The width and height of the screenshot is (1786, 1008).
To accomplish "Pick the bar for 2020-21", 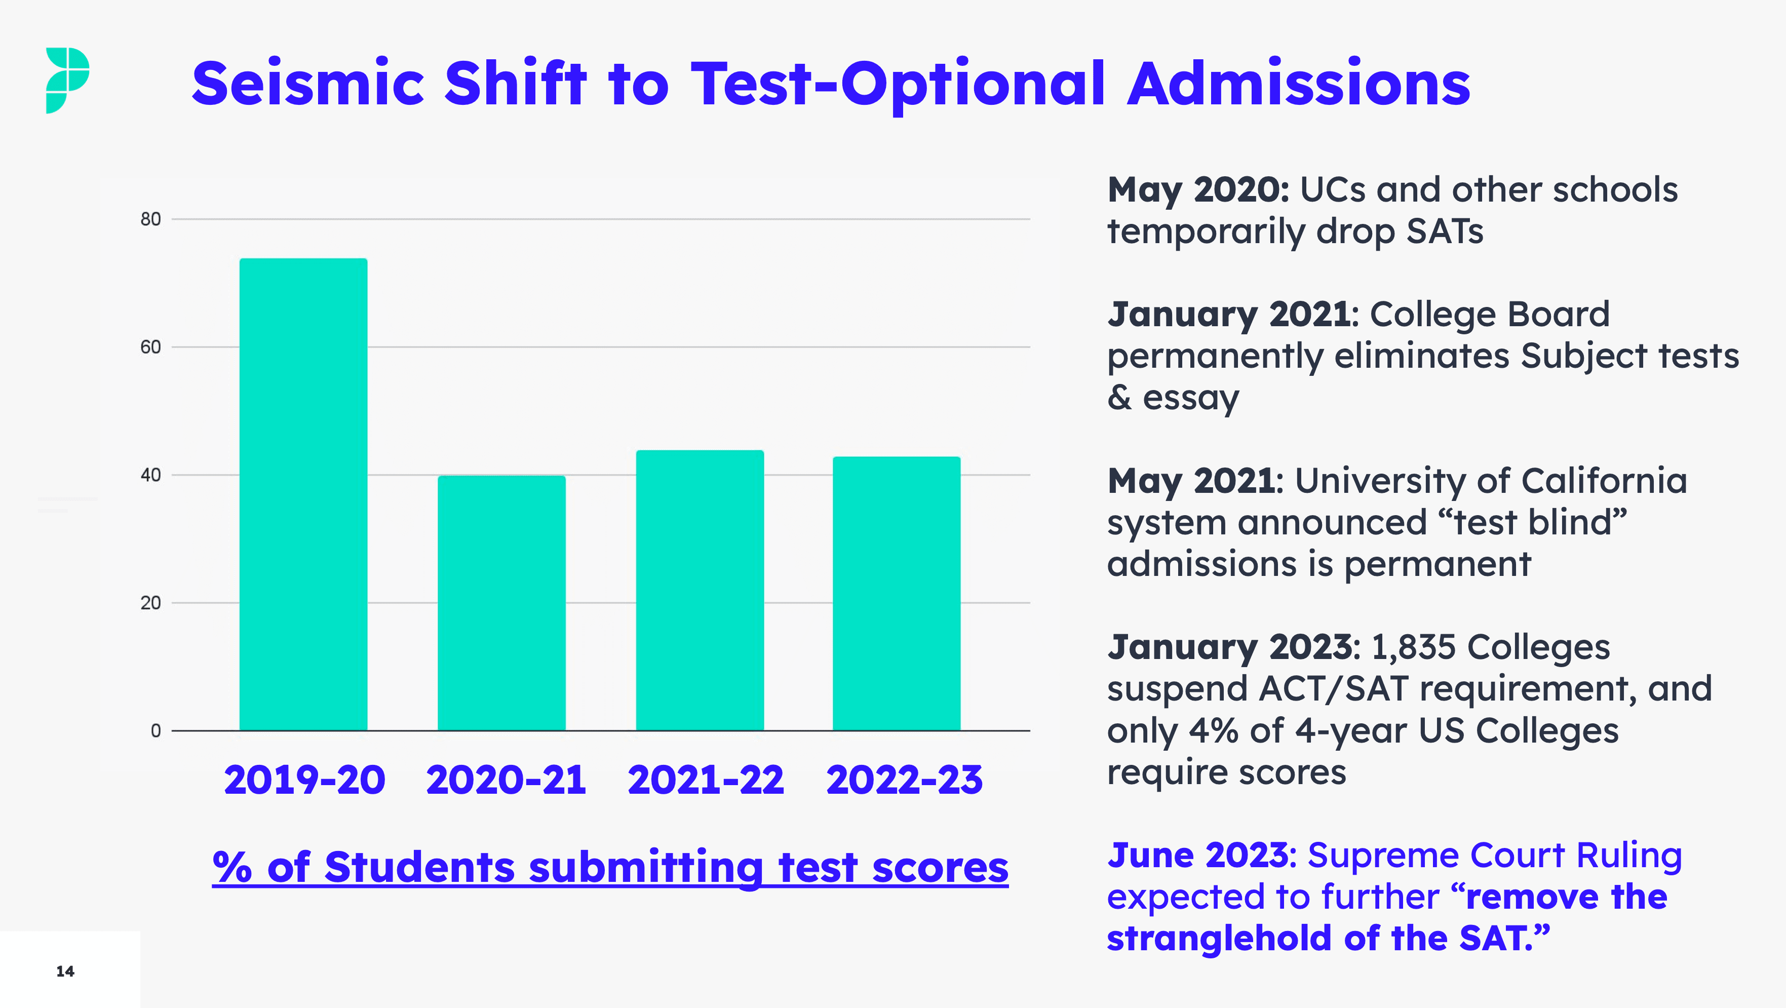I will (x=501, y=603).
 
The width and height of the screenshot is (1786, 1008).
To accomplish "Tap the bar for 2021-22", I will (x=700, y=590).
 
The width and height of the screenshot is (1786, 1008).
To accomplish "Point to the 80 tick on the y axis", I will (x=150, y=219).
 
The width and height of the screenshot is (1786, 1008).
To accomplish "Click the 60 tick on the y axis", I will (x=150, y=347).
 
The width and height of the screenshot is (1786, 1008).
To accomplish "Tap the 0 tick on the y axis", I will (x=156, y=731).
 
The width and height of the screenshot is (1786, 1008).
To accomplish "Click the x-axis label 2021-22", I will (x=705, y=780).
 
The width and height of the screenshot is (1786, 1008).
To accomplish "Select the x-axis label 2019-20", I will (x=304, y=780).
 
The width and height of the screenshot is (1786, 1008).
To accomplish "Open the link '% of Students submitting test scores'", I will (x=610, y=867).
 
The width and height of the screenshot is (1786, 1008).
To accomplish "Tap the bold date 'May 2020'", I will (x=1197, y=190).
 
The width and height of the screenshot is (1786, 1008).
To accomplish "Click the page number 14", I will (x=65, y=971).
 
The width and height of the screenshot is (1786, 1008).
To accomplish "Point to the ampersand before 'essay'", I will (x=1119, y=398).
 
